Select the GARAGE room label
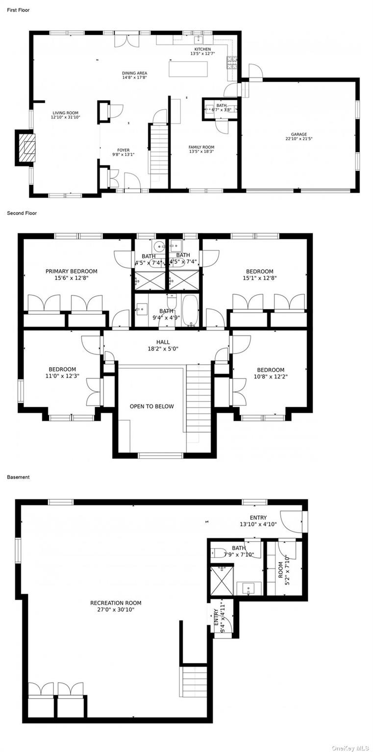coord(298,134)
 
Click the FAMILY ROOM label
coord(201,147)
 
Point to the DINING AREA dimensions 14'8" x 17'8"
coord(134,77)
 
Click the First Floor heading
coord(18,10)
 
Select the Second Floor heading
coord(22,213)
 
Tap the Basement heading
coord(18,477)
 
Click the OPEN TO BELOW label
coord(151,406)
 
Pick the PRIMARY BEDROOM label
coord(71,271)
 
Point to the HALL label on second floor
coord(163,342)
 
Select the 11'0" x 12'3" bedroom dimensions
coord(62,376)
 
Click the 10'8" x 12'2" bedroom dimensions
coord(270,376)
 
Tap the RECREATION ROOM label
coord(116,603)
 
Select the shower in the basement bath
coord(222,582)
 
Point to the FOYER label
coord(123,150)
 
